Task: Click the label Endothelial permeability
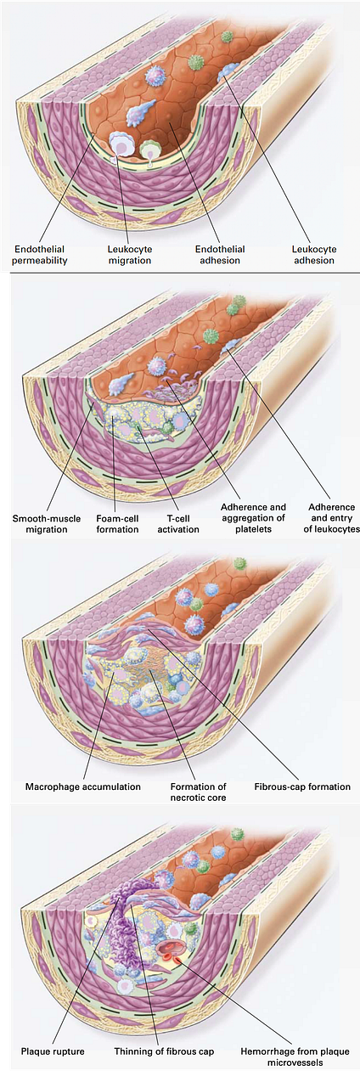coord(40,255)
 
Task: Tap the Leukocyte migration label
coord(130,255)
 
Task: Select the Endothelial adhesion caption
coord(220,255)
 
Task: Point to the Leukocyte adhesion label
coord(314,255)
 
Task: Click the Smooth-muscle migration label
coord(47,524)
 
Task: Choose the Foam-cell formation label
coord(117,524)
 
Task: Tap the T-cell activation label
coord(178,524)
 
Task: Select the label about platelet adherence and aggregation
coord(253,518)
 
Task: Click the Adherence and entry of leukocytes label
coord(331,518)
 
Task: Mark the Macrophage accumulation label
coord(82,786)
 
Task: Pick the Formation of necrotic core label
coord(199,792)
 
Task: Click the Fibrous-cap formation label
coord(302,786)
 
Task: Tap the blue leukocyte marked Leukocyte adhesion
coord(228,73)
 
